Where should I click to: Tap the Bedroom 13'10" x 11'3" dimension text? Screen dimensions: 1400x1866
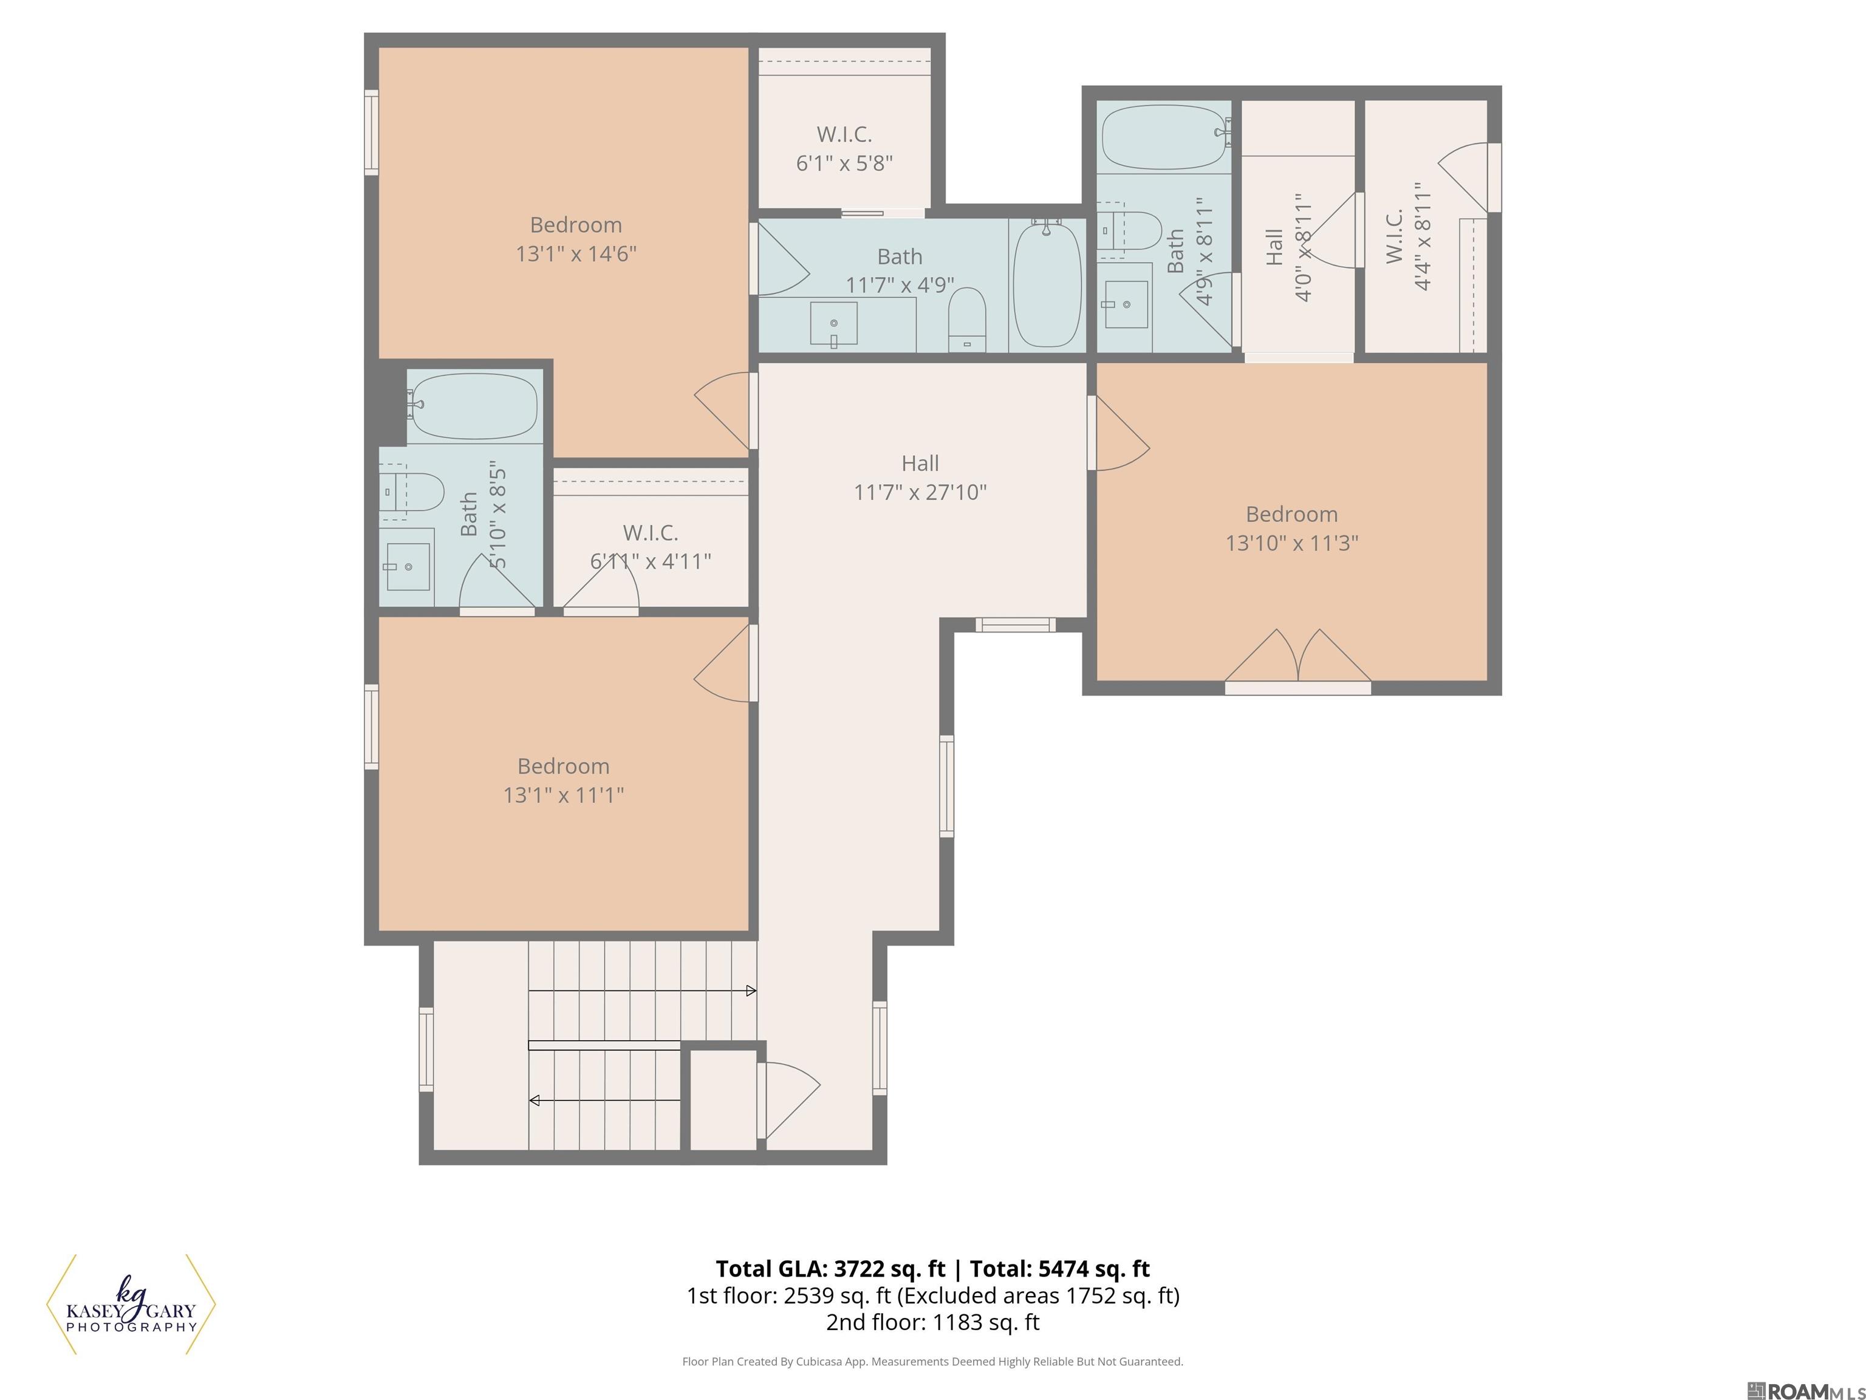point(1291,543)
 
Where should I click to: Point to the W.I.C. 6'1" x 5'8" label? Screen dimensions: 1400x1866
point(844,148)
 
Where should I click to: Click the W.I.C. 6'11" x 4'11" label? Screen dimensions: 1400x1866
point(651,547)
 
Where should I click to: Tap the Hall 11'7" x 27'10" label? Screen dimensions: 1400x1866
point(920,478)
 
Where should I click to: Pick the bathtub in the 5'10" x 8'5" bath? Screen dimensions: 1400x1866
point(474,406)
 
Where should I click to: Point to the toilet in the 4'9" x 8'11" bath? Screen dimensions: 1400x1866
point(1135,230)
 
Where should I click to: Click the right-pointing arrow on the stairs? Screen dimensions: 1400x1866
point(751,990)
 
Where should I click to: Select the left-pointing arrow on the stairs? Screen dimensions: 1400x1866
point(534,1100)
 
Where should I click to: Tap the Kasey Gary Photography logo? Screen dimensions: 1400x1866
point(131,1304)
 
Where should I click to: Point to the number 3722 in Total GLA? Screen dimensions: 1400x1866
point(860,1268)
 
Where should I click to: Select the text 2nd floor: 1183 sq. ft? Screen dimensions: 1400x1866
point(932,1322)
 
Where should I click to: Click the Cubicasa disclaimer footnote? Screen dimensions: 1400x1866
point(932,1361)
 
